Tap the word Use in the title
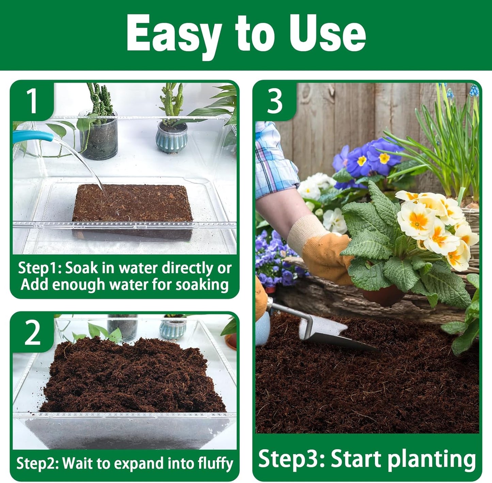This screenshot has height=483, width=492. (x=327, y=33)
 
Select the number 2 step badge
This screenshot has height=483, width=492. (x=32, y=333)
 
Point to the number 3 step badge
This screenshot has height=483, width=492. (x=275, y=101)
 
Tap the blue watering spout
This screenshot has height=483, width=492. (x=32, y=136)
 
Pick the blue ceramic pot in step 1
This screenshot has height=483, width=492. (x=172, y=138)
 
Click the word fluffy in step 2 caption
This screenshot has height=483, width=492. (x=216, y=464)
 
